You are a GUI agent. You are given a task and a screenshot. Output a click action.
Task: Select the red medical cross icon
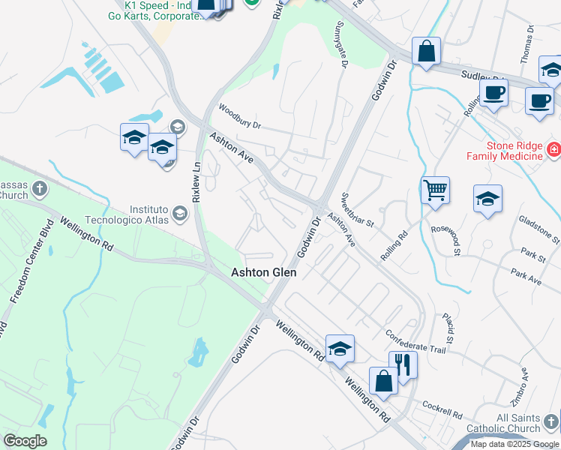point(553,150)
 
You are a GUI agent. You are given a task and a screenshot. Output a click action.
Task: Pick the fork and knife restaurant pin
point(403,365)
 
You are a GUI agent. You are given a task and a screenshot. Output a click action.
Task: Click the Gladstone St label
point(539,229)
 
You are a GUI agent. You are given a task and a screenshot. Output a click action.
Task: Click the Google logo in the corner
point(25,441)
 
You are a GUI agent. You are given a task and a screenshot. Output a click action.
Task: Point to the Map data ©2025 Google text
point(514,444)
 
